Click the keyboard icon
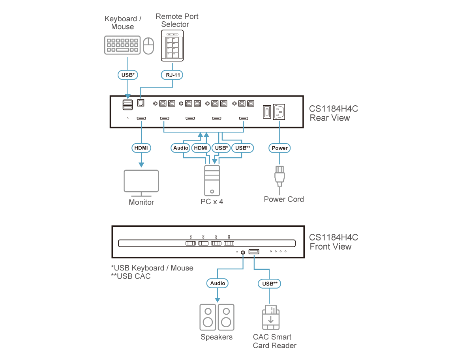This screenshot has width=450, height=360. pos(122,45)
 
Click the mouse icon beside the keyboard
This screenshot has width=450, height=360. pos(148,46)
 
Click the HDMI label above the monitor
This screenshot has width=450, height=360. pos(141,148)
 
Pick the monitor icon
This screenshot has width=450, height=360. pos(141,183)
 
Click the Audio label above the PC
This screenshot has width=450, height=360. pos(181,148)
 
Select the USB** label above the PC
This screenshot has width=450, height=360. pos(242,148)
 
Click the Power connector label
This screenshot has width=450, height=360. pos(279,148)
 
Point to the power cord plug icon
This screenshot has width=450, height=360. pos(279,176)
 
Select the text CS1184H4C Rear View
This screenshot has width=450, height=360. pos(333,113)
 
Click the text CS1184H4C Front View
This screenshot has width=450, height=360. pos(333,242)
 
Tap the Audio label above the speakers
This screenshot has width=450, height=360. pos(217,283)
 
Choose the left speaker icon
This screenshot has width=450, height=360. pos(208,317)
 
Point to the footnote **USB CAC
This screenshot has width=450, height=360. pos(131,276)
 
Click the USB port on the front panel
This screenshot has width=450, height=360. pos(254,252)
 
